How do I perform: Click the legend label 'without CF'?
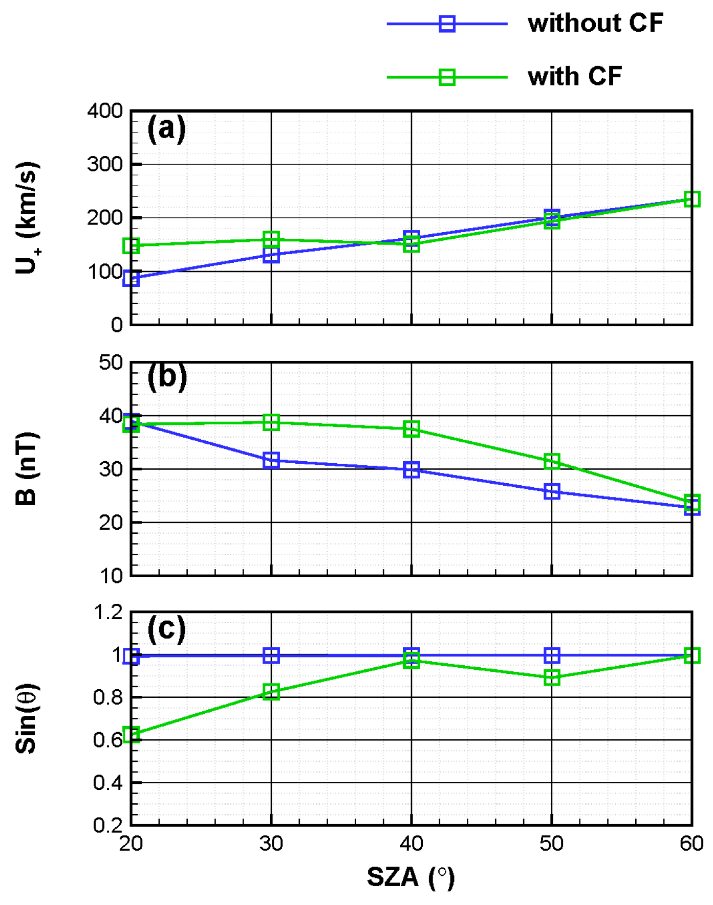(595, 24)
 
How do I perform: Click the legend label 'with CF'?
(574, 77)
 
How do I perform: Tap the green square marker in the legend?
(447, 77)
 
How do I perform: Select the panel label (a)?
(166, 128)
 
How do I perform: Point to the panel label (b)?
(167, 377)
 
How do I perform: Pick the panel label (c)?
(166, 628)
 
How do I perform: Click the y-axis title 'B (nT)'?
(27, 468)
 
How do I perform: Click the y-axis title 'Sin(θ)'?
(27, 718)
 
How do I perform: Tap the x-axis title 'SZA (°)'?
(410, 877)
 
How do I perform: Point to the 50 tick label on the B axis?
(111, 363)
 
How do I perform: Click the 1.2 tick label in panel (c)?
(108, 612)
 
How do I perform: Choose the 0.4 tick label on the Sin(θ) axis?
(108, 783)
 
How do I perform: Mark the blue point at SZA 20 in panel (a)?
(132, 279)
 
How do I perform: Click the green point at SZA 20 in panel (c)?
(132, 735)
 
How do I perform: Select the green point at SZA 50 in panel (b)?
(552, 461)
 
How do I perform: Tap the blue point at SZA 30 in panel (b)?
(271, 460)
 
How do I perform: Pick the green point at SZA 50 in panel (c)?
(552, 678)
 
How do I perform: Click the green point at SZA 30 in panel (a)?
(271, 239)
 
